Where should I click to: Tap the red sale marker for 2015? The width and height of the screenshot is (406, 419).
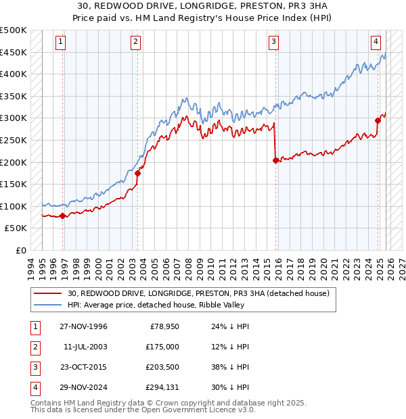275,161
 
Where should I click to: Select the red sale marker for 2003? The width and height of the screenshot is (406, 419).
137,173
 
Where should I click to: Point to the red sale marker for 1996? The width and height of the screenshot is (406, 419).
63,216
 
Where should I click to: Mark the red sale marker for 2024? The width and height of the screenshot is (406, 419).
378,121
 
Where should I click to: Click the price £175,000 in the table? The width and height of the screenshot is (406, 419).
162,347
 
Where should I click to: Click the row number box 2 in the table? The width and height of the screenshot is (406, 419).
34,347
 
